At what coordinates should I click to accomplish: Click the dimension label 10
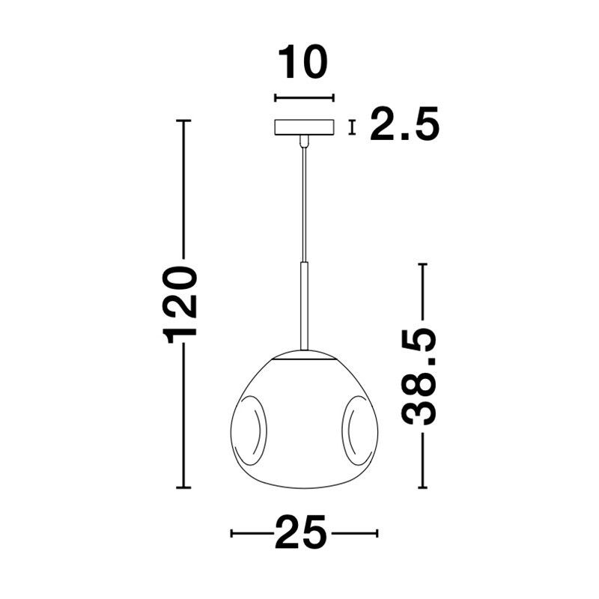[x=303, y=62]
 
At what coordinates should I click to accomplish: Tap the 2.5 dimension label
[x=405, y=124]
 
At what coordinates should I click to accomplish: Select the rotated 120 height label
[x=180, y=302]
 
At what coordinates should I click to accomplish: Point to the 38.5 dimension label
[x=419, y=377]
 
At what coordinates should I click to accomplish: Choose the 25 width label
[x=301, y=533]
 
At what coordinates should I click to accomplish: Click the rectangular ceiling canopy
[x=305, y=127]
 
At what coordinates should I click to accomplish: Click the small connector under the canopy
[x=304, y=141]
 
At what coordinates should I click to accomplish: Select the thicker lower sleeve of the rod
[x=304, y=306]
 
